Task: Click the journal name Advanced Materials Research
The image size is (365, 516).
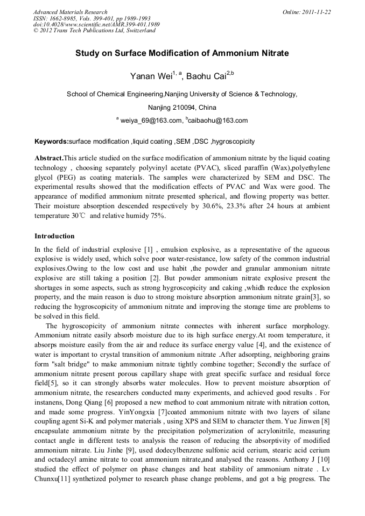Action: coord(70,12)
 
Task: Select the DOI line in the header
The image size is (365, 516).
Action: coord(96,24)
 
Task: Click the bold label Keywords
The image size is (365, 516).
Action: coord(51,142)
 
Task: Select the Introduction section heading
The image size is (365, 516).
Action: coord(54,236)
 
